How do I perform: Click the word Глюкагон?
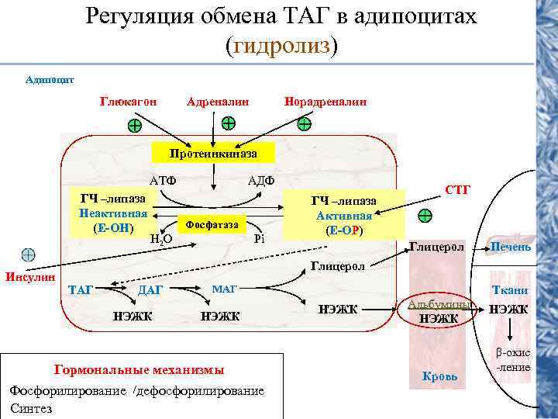tap(128, 102)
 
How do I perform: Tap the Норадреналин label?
tap(325, 102)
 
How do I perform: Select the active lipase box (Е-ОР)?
tap(344, 216)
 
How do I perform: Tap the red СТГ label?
tap(457, 189)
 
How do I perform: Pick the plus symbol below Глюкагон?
tap(135, 126)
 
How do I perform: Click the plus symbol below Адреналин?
tap(229, 123)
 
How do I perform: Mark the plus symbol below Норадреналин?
tap(305, 123)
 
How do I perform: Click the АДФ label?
tap(261, 181)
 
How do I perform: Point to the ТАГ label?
tap(81, 290)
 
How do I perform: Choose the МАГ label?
tap(224, 289)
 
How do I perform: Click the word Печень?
tap(510, 247)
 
